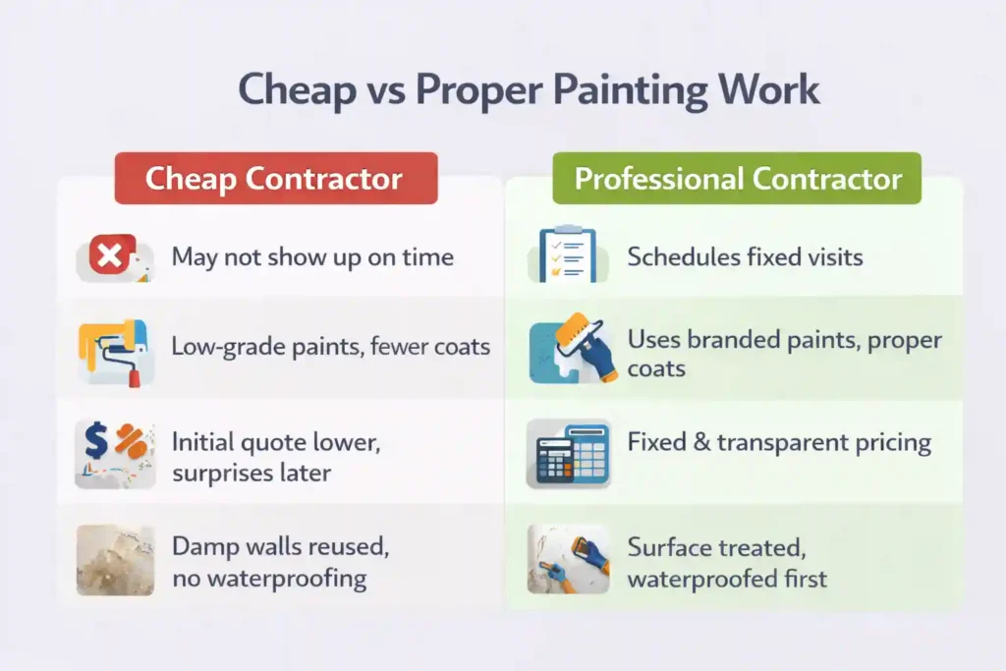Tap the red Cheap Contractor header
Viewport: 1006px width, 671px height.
click(274, 179)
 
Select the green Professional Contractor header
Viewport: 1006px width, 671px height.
click(738, 179)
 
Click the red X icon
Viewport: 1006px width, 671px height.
click(107, 257)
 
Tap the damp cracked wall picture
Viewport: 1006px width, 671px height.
click(115, 559)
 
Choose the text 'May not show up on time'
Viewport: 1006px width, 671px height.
click(312, 257)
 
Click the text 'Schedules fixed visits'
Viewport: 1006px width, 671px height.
click(745, 257)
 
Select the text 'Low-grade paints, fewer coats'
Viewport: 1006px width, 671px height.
click(330, 347)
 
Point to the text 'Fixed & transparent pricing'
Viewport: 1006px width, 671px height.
click(779, 442)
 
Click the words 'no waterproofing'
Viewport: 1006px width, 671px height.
click(269, 578)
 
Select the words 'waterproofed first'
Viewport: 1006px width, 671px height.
click(727, 578)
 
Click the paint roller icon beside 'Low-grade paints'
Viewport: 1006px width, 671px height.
click(116, 351)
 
